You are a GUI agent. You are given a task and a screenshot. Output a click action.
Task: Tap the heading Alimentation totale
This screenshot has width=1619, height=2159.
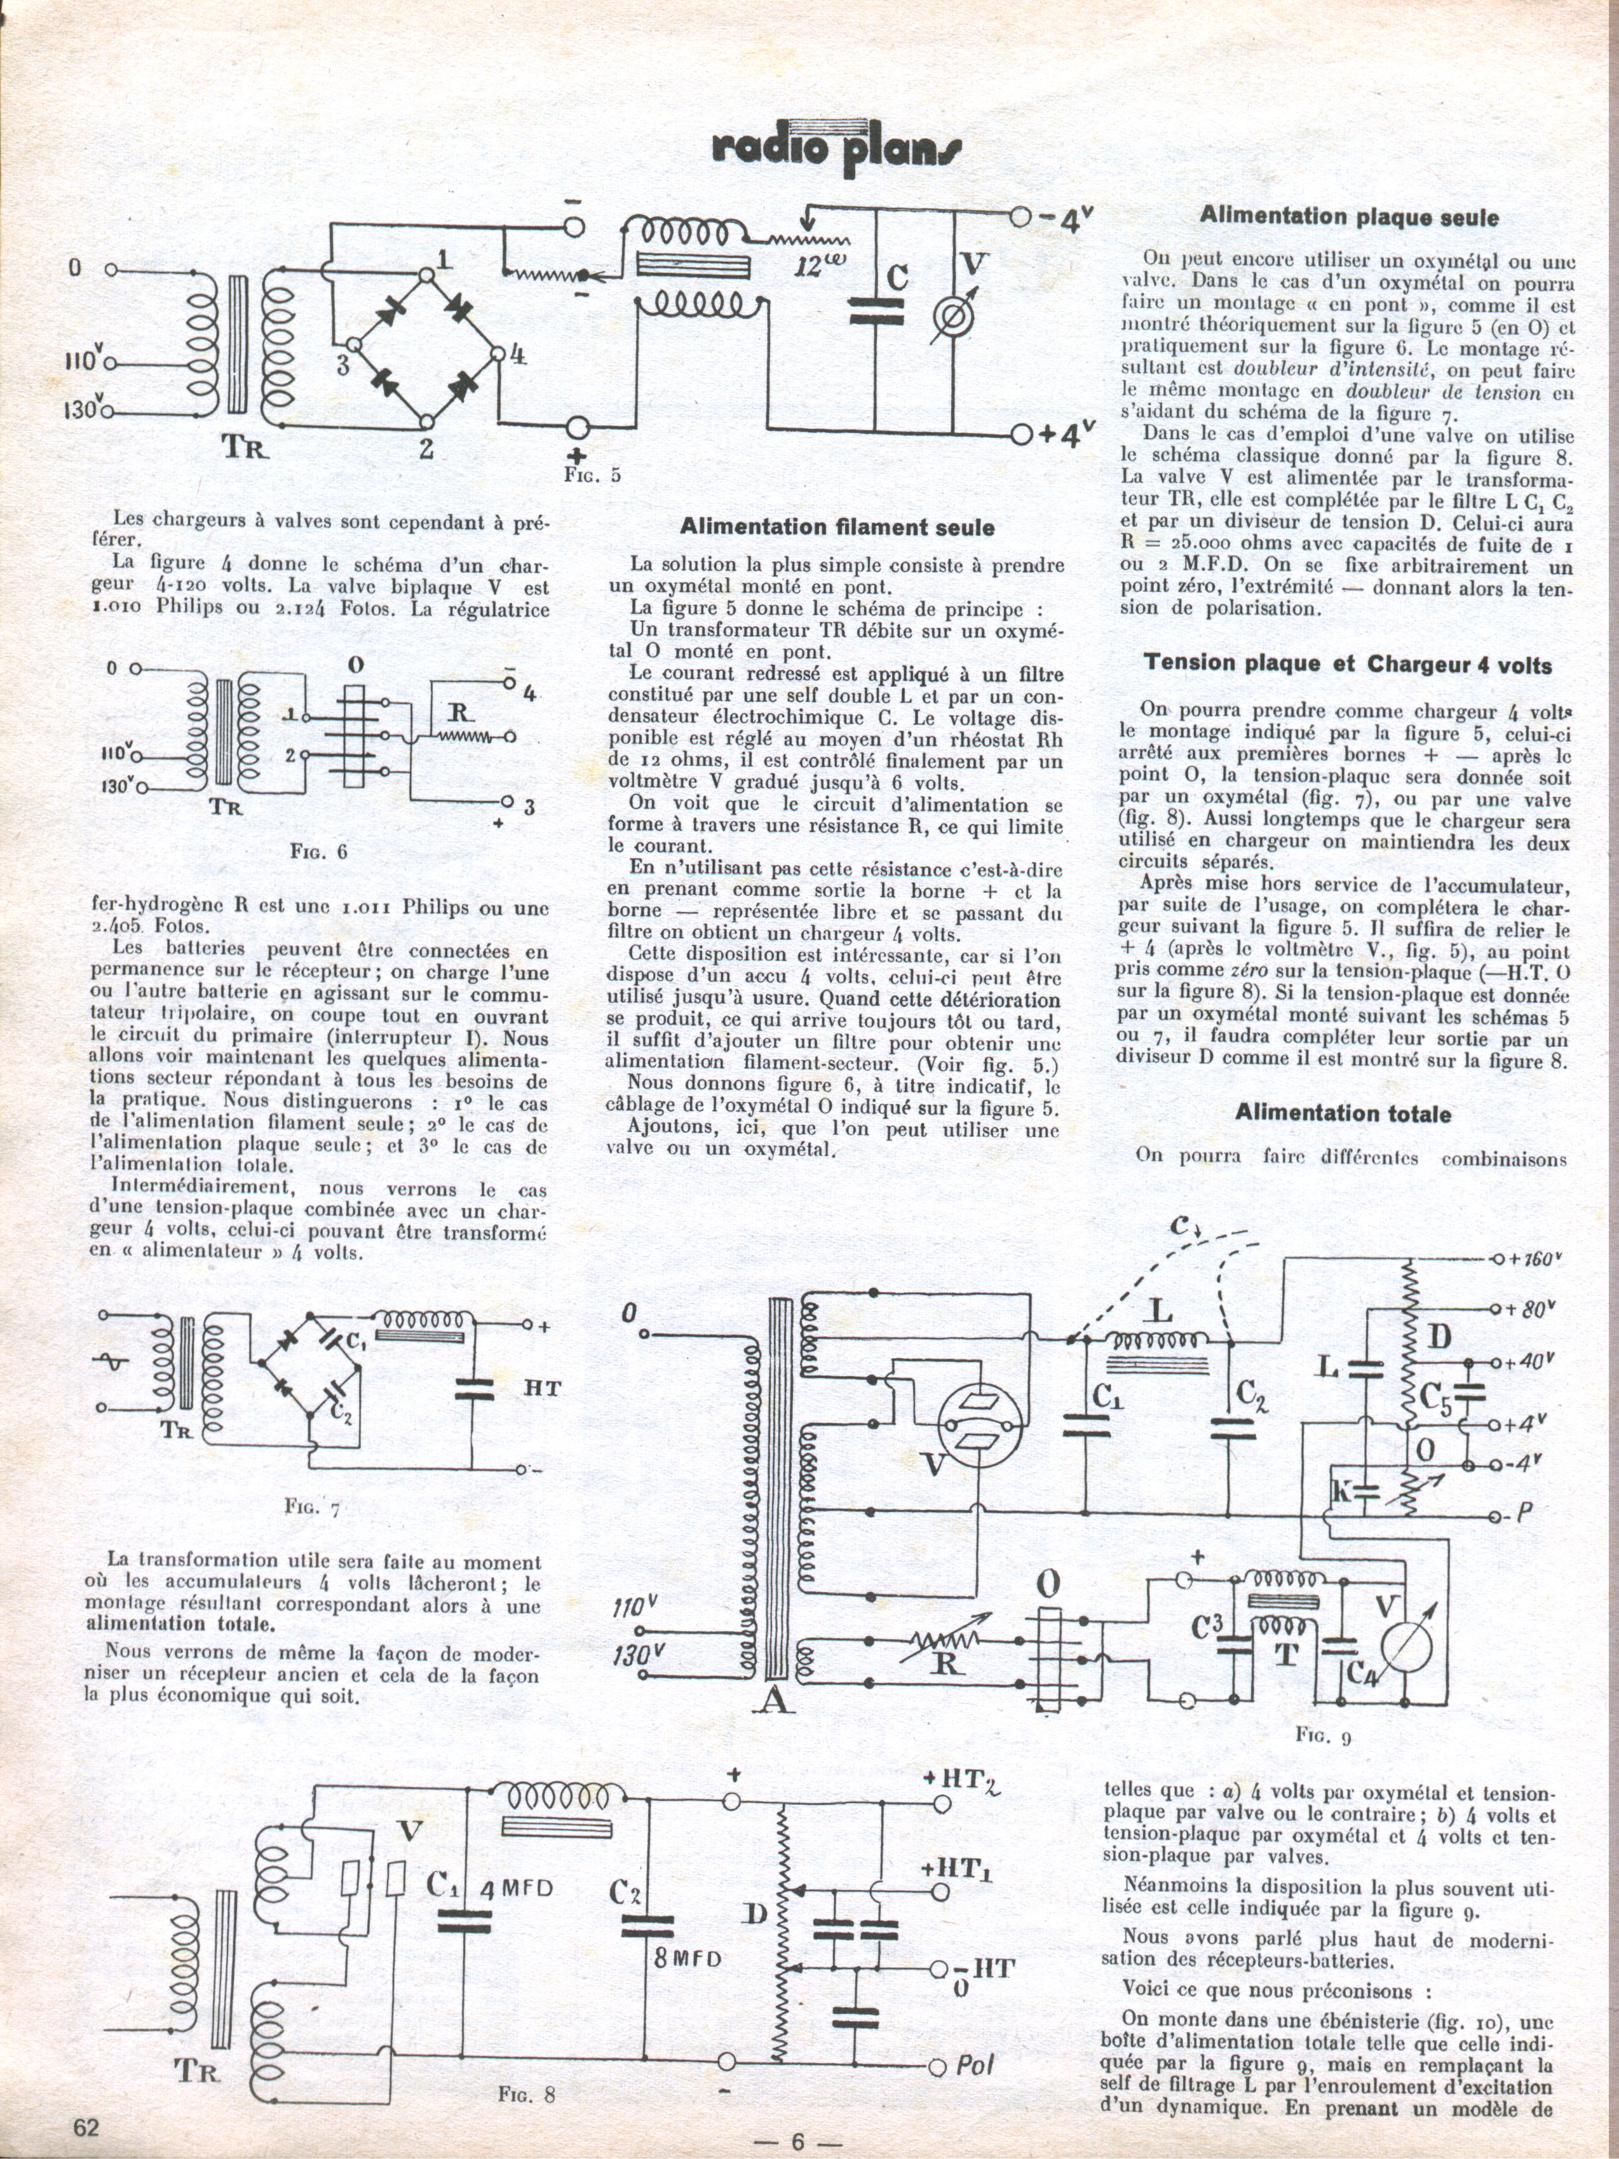point(1342,1114)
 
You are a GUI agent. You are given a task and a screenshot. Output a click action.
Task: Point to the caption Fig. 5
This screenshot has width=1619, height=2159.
point(592,475)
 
